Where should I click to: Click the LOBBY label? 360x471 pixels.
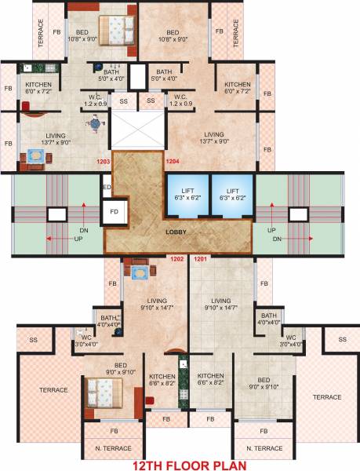tap(175, 232)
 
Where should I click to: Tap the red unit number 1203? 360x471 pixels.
tap(103, 162)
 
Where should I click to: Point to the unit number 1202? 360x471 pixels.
tap(177, 259)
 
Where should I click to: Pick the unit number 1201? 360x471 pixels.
tap(200, 259)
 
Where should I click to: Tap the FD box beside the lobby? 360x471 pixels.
tap(113, 211)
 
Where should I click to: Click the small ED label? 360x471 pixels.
tap(107, 187)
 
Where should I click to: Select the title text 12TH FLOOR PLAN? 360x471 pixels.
tap(180, 464)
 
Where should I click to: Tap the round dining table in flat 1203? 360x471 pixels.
tap(95, 123)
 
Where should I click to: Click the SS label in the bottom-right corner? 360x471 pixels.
tap(342, 339)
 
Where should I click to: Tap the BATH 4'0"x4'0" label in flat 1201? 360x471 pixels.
tap(268, 319)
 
